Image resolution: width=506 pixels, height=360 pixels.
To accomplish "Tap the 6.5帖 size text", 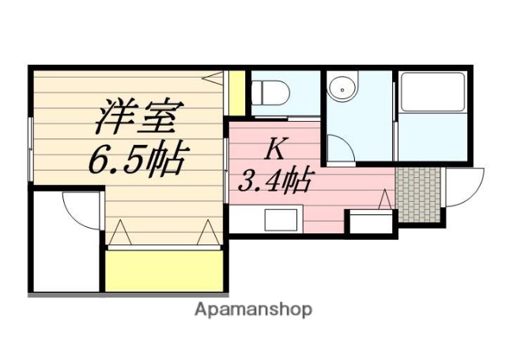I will point(135,161).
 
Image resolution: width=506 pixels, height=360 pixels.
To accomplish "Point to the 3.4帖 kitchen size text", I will point(274,182).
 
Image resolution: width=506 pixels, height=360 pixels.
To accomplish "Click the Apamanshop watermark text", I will point(253,309).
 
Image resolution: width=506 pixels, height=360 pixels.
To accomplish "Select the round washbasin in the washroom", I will point(343,89).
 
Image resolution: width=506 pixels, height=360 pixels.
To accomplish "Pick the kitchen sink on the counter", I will point(280,218).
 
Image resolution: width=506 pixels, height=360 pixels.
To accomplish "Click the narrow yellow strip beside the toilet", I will point(235,93).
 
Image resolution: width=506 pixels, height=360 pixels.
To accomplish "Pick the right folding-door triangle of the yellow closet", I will point(207,233).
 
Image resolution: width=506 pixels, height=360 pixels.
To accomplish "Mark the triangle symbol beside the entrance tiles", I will point(385,200).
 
